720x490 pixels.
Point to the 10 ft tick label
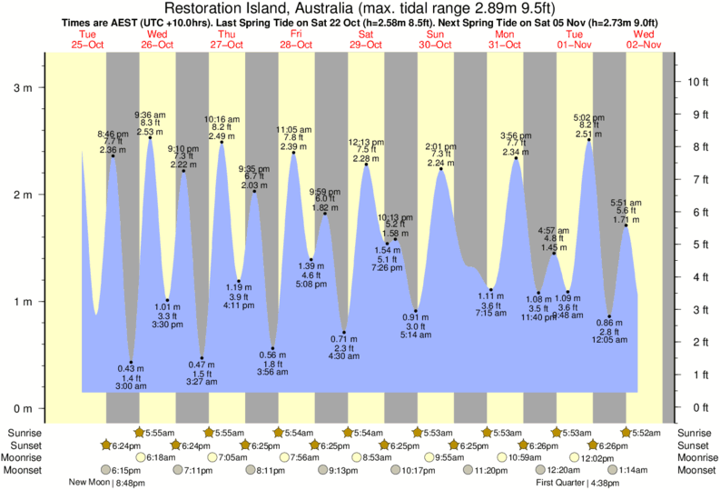click(697, 82)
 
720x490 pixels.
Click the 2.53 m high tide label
click(150, 132)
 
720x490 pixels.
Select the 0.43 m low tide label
click(131, 367)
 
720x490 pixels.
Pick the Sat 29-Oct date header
click(366, 39)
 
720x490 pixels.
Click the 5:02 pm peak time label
click(589, 117)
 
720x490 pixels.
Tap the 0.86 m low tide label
click(609, 324)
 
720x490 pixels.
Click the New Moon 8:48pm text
click(107, 483)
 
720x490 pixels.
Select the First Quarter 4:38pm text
click(577, 483)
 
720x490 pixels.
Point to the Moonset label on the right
click(695, 470)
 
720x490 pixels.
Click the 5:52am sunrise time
click(641, 433)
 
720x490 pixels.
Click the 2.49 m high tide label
click(222, 135)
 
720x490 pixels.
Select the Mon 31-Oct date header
click(505, 39)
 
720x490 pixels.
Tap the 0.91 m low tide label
click(416, 316)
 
